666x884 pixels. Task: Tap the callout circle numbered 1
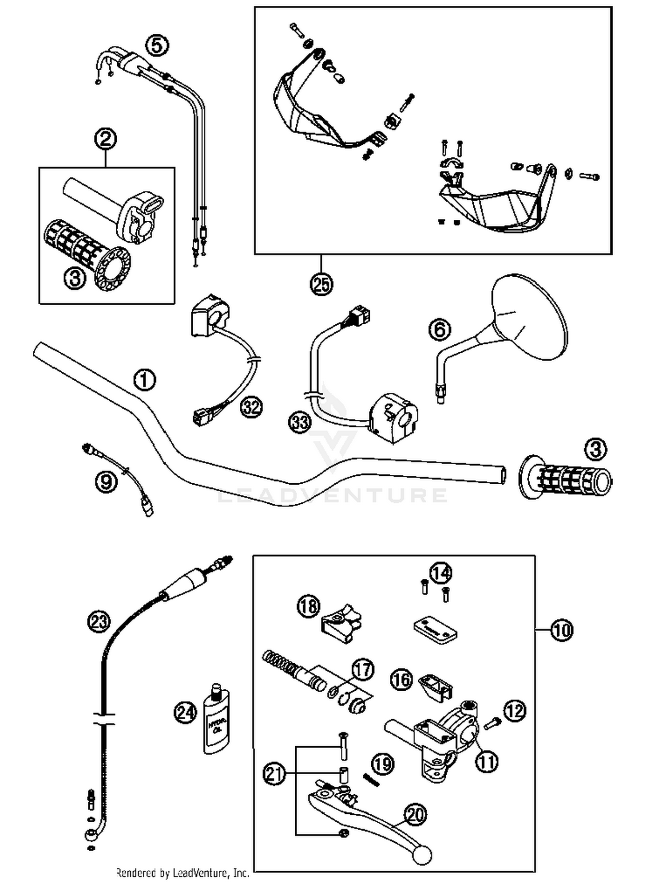pyautogui.click(x=145, y=380)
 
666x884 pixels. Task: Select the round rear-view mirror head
pyautogui.click(x=531, y=316)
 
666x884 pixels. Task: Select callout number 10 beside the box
pyautogui.click(x=562, y=630)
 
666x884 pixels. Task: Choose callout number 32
pyautogui.click(x=251, y=407)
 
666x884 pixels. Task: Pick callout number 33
pyautogui.click(x=300, y=422)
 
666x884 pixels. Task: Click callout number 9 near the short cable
pyautogui.click(x=106, y=482)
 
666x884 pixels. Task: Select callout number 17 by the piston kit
pyautogui.click(x=363, y=669)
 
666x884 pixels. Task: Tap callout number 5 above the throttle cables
pyautogui.click(x=158, y=46)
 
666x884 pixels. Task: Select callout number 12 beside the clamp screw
pyautogui.click(x=515, y=711)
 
